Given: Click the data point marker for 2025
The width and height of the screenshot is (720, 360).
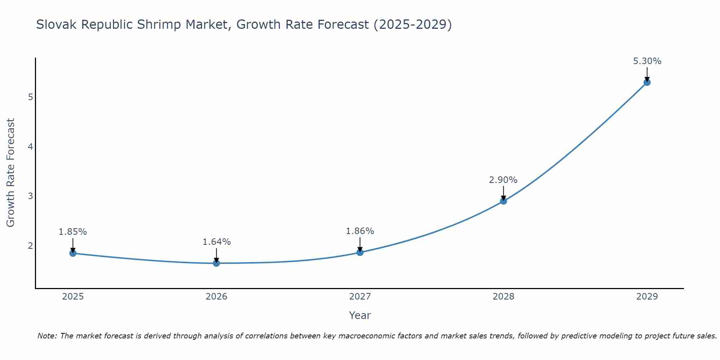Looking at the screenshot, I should (x=73, y=253).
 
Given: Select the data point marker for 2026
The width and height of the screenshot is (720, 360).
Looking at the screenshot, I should (x=216, y=263).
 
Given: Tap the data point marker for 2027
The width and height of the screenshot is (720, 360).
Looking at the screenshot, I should (x=360, y=252).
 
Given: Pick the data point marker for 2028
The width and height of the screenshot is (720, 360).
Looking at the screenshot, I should (x=504, y=201).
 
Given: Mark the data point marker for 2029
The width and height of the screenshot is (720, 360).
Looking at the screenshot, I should (x=647, y=82).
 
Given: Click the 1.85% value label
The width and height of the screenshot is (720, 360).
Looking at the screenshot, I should (x=73, y=232).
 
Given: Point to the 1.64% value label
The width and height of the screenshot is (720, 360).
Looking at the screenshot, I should (x=216, y=242).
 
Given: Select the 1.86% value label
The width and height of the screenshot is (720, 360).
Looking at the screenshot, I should (x=360, y=231).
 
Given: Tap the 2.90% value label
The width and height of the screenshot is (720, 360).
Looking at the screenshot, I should (x=503, y=180).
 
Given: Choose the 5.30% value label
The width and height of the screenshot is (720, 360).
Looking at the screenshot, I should (x=647, y=61).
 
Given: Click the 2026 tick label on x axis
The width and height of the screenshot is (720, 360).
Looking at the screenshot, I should (x=216, y=297).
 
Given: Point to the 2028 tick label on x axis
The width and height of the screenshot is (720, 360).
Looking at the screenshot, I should (x=504, y=297).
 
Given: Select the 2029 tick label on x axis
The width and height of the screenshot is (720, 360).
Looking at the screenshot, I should (x=647, y=297).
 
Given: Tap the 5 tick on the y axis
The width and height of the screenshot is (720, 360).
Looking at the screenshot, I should (x=30, y=97).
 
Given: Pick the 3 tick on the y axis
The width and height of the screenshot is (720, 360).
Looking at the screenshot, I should (x=30, y=196).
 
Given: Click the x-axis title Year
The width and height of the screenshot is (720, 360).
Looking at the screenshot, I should (x=360, y=315).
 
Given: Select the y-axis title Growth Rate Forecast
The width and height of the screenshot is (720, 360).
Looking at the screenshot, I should (x=11, y=173).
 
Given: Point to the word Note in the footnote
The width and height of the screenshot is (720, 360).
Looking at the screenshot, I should (x=47, y=336).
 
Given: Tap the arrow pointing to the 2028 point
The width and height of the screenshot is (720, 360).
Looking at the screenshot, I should (x=504, y=193).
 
